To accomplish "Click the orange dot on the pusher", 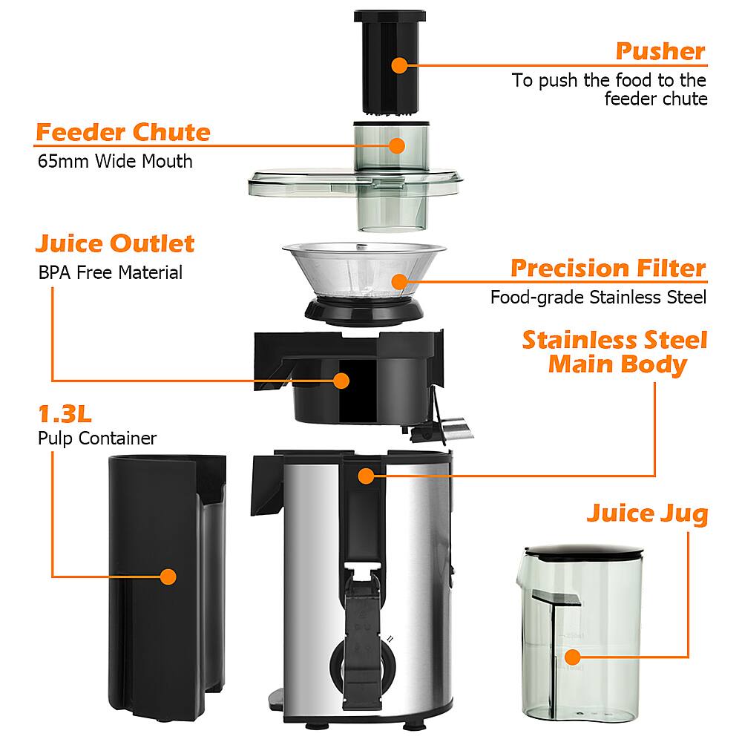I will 400,65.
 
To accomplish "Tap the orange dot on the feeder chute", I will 398,145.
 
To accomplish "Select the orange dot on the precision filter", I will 400,280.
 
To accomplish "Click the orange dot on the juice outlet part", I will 341,381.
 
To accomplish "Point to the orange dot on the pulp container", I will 168,576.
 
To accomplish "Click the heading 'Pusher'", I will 660,51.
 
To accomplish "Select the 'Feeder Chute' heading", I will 123,132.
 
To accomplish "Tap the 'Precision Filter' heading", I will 608,268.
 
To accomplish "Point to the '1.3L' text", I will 65,413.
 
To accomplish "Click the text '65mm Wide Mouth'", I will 115,161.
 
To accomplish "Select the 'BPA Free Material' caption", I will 110,272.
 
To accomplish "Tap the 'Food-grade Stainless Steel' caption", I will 598,298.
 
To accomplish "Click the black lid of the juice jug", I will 583,551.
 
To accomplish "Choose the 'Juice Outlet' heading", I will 115,243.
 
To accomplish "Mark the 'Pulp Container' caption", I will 97,439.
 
